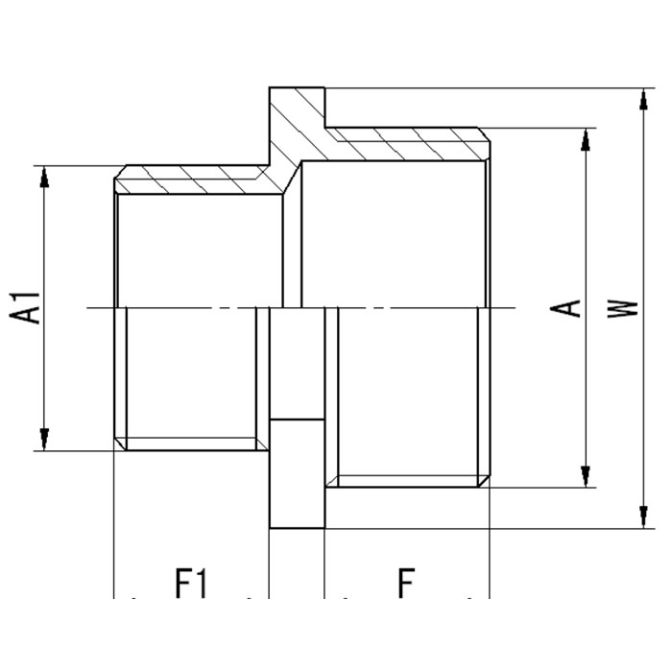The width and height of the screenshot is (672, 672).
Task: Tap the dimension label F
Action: tap(406, 583)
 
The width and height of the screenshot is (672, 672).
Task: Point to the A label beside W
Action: tap(569, 307)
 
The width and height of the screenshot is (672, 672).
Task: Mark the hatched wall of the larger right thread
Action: tap(413, 144)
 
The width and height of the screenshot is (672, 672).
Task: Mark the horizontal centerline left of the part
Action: tap(100, 307)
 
